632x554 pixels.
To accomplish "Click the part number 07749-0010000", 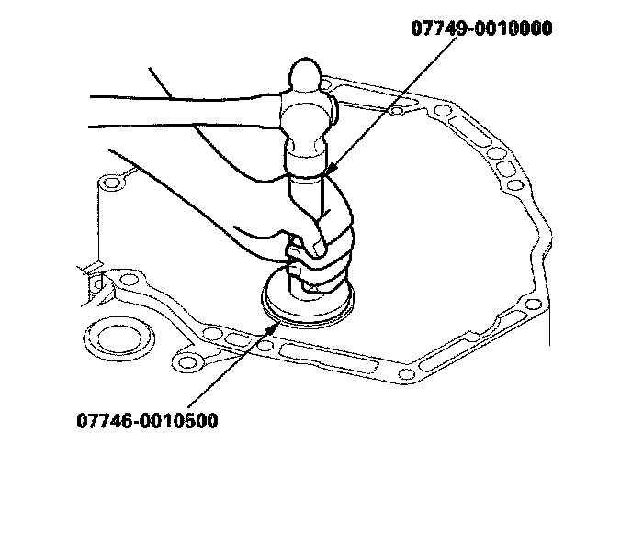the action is pos(480,28).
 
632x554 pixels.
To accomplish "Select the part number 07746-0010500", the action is pos(148,422).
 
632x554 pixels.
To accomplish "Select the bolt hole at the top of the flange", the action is pos(395,112).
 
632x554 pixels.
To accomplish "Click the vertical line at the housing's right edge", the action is pos(549,312).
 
